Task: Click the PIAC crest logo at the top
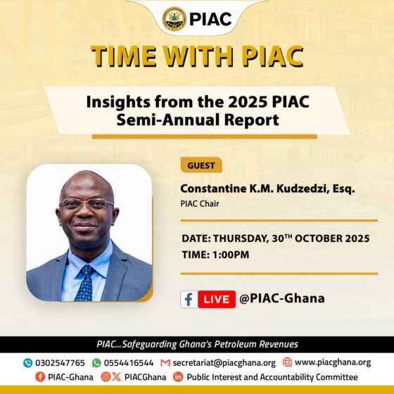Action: click(174, 18)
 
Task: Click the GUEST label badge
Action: click(201, 166)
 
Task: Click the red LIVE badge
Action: click(216, 299)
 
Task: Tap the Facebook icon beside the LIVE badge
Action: click(189, 299)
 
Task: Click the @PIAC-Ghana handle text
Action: click(282, 298)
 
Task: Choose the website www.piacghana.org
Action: click(332, 363)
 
